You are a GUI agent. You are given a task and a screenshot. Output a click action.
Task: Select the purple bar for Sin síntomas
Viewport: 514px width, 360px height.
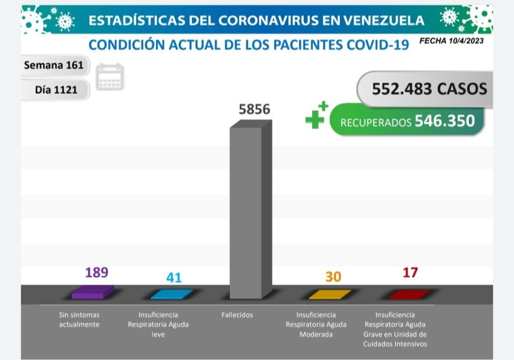click(x=92, y=292)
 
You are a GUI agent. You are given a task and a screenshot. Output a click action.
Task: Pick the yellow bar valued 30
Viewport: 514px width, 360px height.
click(x=330, y=294)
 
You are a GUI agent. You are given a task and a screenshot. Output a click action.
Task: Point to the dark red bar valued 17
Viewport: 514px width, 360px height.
click(x=410, y=294)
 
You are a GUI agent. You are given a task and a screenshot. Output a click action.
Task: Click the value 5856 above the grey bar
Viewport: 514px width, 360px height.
click(x=254, y=109)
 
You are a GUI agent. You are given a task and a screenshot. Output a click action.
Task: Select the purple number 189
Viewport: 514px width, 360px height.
click(x=96, y=272)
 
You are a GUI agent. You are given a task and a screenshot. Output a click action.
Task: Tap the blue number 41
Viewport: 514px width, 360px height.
click(x=174, y=277)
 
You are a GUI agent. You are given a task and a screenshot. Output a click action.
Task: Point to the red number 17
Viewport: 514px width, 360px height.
click(x=410, y=273)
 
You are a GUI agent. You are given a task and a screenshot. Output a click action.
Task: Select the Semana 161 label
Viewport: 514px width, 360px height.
click(x=54, y=65)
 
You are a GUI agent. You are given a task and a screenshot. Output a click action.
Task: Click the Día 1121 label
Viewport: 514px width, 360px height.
click(x=56, y=90)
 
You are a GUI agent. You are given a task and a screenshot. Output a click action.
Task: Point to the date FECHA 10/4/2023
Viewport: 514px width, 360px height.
click(x=451, y=41)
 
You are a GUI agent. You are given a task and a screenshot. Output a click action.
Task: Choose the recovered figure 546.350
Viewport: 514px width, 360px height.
click(x=444, y=121)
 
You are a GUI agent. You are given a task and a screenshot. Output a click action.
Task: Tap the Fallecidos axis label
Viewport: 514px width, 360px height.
click(x=237, y=315)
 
